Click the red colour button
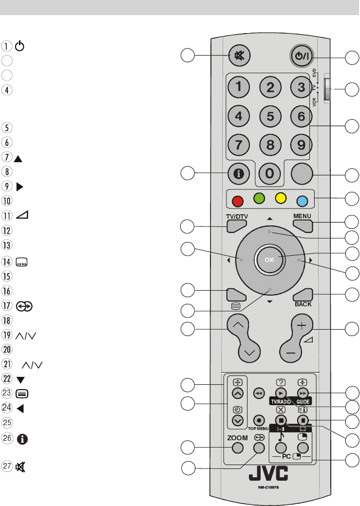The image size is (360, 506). tap(239, 200)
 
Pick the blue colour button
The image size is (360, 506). tap(302, 200)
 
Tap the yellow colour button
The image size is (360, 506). tap(280, 199)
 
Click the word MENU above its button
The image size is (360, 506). tap(302, 216)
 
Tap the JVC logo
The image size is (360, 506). tap(268, 474)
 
